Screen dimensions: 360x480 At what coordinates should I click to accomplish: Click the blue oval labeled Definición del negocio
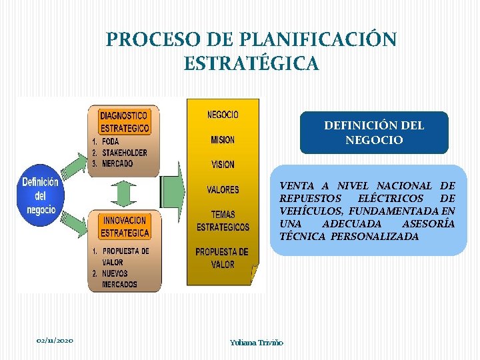click(41, 196)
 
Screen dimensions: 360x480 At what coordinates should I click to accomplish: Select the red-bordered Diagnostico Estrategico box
click(124, 121)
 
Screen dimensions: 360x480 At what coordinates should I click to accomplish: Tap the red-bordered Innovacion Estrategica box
click(124, 227)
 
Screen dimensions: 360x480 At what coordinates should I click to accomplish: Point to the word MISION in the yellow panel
click(223, 140)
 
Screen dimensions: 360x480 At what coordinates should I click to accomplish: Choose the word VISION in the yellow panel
click(223, 165)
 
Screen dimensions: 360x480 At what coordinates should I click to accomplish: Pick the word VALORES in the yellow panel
click(223, 190)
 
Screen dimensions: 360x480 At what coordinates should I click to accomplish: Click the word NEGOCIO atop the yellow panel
click(223, 115)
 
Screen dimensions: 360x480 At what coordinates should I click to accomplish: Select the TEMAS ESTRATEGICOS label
click(223, 221)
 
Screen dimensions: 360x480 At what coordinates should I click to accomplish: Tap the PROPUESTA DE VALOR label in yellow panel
click(222, 258)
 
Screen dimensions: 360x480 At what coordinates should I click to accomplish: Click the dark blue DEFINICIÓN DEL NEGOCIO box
click(374, 132)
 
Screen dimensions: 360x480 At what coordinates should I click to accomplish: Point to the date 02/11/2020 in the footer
click(55, 341)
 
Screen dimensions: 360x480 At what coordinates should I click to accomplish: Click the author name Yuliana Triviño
click(257, 342)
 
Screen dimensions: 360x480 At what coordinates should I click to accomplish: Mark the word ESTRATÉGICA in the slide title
click(251, 64)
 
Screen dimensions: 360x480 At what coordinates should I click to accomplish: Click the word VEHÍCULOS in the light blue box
click(306, 211)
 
